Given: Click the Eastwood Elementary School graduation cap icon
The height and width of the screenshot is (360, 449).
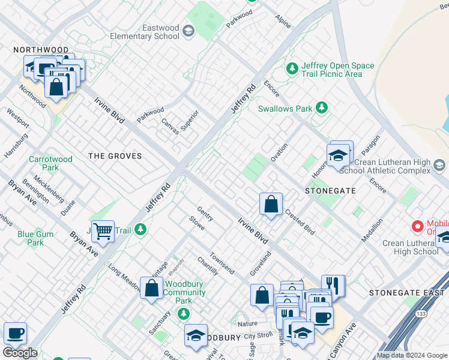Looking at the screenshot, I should pyautogui.click(x=188, y=31).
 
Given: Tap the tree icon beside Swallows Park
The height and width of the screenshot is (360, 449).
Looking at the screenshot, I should pyautogui.click(x=322, y=107).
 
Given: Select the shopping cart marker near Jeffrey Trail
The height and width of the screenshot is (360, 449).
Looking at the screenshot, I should pyautogui.click(x=103, y=230).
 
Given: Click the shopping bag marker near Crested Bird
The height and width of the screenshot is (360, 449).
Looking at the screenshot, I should pyautogui.click(x=271, y=204).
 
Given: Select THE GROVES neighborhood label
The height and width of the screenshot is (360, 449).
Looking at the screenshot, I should pyautogui.click(x=115, y=156).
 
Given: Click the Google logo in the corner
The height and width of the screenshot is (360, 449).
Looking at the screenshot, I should pyautogui.click(x=20, y=352).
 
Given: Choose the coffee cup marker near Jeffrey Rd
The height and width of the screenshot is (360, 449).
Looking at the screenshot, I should pyautogui.click(x=15, y=333).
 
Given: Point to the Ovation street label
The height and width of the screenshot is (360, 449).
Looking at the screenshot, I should pyautogui.click(x=279, y=148).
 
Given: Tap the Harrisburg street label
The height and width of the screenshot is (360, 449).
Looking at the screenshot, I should pyautogui.click(x=16, y=145).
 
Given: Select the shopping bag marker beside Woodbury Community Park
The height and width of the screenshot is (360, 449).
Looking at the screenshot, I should pyautogui.click(x=152, y=287).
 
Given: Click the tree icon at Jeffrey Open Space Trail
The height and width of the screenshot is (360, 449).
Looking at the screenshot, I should pyautogui.click(x=292, y=69).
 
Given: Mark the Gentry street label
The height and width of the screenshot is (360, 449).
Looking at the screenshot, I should pyautogui.click(x=206, y=213).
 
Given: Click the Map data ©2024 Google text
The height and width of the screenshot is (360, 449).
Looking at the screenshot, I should pyautogui.click(x=412, y=355).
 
